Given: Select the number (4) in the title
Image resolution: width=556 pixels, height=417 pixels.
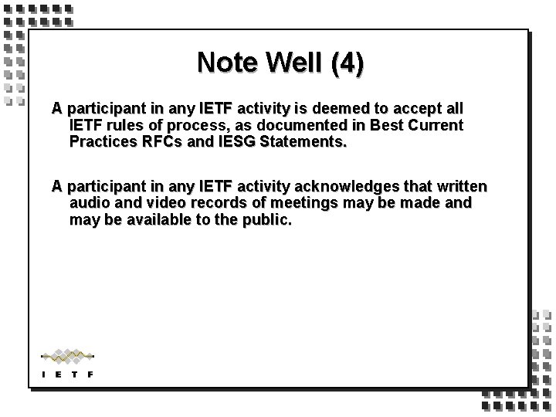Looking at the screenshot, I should click(x=347, y=63).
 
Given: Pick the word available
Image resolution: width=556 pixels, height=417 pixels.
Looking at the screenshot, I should click(x=159, y=220).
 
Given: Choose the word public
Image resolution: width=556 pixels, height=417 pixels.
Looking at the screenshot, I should click(x=266, y=220).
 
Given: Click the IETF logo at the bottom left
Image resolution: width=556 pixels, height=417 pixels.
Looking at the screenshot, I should click(x=66, y=362).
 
